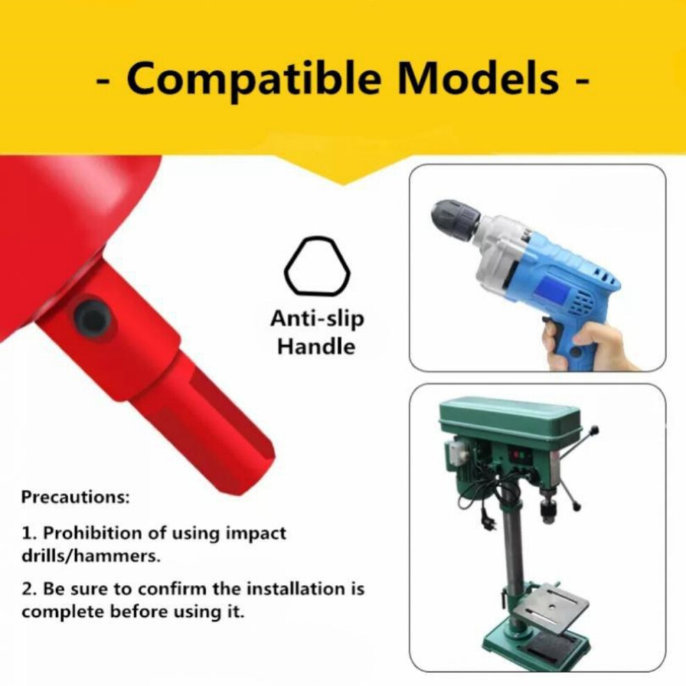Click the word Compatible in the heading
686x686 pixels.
[x=254, y=79]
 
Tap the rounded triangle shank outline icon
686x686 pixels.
[x=317, y=266]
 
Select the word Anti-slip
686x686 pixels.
[x=317, y=319]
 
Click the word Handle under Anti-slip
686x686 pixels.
[x=316, y=347]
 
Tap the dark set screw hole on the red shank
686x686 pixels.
[x=92, y=317]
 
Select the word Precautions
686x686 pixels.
[x=76, y=497]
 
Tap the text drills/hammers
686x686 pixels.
[x=91, y=556]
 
